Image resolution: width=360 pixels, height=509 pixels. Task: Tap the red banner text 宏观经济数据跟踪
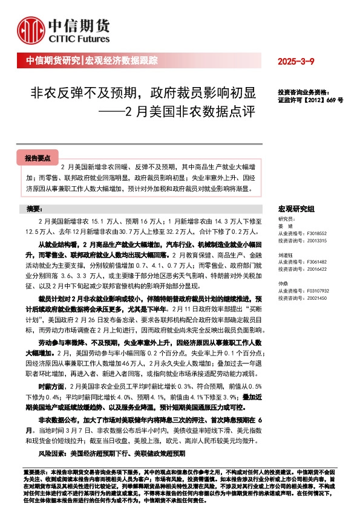[x=121, y=61]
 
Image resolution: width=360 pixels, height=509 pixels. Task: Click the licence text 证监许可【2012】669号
[x=310, y=100]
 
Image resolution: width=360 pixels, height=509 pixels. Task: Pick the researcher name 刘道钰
[x=286, y=255]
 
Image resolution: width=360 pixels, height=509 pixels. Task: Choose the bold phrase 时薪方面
[x=50, y=385]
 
